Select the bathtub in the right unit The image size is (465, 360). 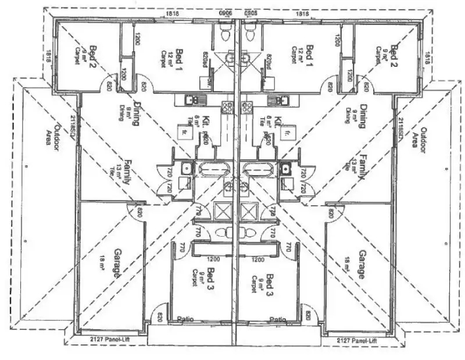[259, 169]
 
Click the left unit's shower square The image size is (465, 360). [223, 210]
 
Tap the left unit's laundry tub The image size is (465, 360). [186, 169]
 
